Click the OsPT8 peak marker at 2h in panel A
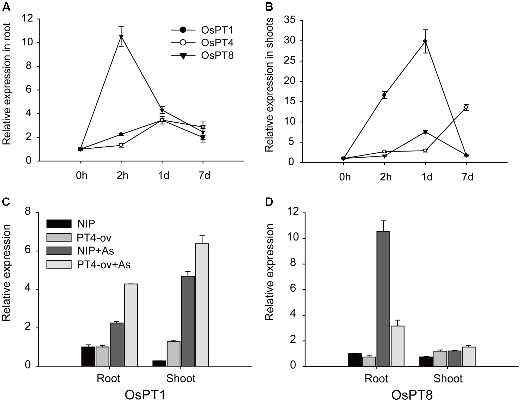[x=121, y=37]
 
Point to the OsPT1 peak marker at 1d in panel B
[x=425, y=41]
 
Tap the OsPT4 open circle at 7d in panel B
[x=466, y=107]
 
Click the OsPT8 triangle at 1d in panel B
[x=425, y=132]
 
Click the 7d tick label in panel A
[x=204, y=176]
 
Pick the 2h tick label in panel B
[x=386, y=177]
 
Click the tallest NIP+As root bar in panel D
[x=383, y=299]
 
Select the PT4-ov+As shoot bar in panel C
[x=202, y=305]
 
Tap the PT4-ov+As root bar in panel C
[x=131, y=325]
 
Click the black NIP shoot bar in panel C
[x=159, y=363]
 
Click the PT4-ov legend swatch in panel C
[x=59, y=237]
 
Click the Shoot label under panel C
[x=181, y=378]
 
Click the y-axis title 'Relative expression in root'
[x=7, y=83]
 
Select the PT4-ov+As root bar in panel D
[x=398, y=346]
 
